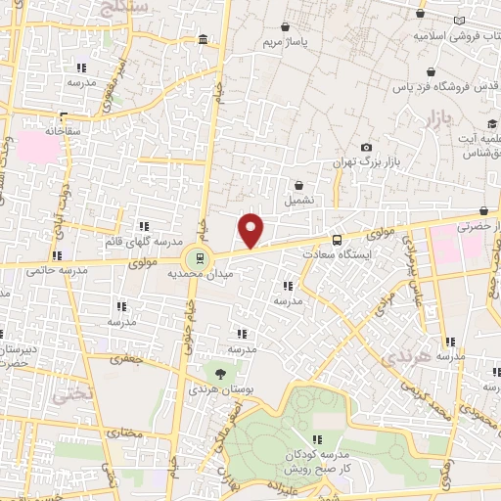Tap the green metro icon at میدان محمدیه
tap(200, 259)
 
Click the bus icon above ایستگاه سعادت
tap(338, 240)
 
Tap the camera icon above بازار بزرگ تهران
tap(366, 147)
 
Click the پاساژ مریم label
tap(286, 44)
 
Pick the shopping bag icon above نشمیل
tap(297, 184)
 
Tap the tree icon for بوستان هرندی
tap(219, 373)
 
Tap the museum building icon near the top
tap(202, 40)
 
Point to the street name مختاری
tap(123, 432)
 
